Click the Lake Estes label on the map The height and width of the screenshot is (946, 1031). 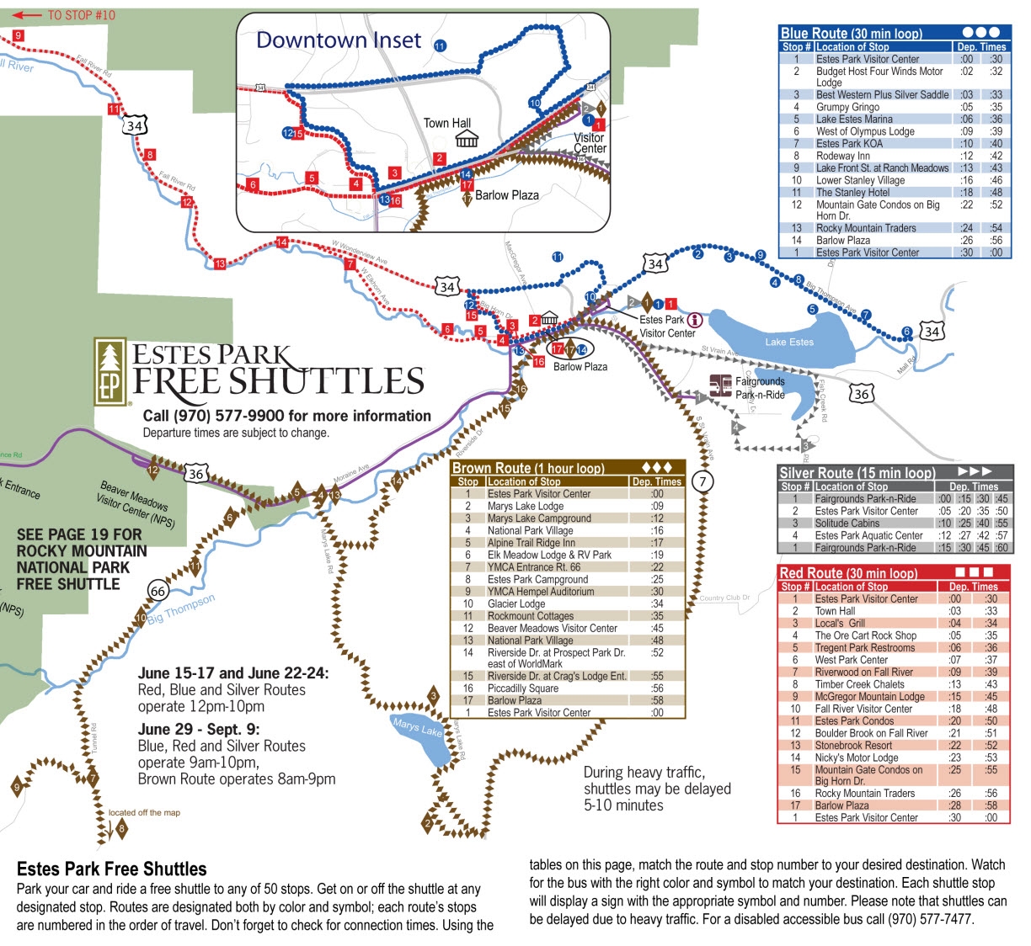pyautogui.click(x=789, y=342)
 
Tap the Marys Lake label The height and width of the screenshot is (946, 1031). pyautogui.click(x=418, y=728)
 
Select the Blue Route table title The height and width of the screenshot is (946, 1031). pyautogui.click(x=851, y=34)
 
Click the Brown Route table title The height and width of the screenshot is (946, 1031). pyautogui.click(x=528, y=468)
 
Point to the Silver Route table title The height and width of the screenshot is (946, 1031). pyautogui.click(x=857, y=473)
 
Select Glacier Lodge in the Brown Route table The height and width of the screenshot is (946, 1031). pyautogui.click(x=516, y=603)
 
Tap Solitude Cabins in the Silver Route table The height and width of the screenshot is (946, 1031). pyautogui.click(x=847, y=523)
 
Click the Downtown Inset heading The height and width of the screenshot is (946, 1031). pyautogui.click(x=339, y=40)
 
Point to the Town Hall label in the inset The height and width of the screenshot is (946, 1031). pyautogui.click(x=447, y=123)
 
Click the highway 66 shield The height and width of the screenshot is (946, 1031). pyautogui.click(x=158, y=591)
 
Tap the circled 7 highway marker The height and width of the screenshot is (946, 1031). pyautogui.click(x=702, y=481)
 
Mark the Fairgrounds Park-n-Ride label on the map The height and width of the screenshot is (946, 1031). pyautogui.click(x=760, y=388)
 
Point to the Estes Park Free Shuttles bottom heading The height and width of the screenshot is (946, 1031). pyautogui.click(x=111, y=869)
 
